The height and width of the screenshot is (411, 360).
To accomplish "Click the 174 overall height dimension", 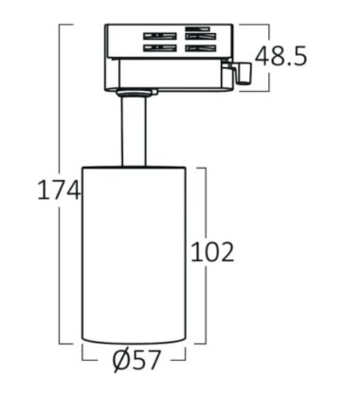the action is tap(59, 189).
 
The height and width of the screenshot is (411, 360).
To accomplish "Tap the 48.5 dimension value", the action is tap(280, 56).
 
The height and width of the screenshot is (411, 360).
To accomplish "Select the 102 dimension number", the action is tap(212, 252).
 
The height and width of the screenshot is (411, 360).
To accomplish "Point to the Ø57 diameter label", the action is tap(136, 361).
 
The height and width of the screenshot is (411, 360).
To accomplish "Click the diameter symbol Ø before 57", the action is tap(121, 361).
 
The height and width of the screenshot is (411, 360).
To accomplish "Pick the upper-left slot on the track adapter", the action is tap(160, 36).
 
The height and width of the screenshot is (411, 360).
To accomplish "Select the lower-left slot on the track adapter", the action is tap(160, 48).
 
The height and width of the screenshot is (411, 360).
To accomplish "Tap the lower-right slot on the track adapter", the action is tap(201, 48).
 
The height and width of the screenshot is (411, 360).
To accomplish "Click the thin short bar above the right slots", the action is tap(197, 28).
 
